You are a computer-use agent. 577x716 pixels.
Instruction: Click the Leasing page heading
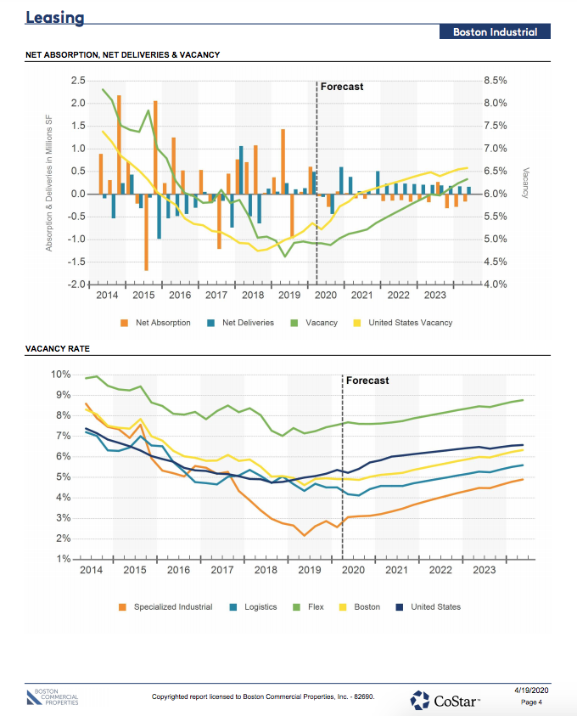click(55, 18)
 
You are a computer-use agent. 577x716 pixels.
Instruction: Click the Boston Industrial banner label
click(495, 32)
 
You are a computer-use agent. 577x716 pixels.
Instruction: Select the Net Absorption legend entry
click(162, 323)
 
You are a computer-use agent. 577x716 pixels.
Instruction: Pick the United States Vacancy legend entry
click(410, 323)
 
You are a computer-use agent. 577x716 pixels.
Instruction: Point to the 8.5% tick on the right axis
click(495, 81)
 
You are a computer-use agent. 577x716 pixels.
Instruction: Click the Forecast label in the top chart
click(341, 87)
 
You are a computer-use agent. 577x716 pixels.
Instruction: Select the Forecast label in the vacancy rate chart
click(367, 381)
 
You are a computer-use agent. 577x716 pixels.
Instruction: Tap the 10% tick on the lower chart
click(60, 375)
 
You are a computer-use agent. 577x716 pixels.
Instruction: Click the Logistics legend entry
click(260, 607)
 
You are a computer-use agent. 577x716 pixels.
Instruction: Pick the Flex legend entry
click(316, 607)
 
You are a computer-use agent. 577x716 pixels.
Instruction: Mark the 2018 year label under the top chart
click(253, 296)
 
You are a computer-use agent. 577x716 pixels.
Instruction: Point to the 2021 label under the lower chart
click(396, 571)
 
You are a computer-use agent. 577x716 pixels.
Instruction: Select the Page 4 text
click(532, 702)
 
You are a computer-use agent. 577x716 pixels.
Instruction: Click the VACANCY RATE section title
click(58, 348)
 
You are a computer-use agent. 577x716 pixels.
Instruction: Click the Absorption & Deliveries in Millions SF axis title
click(49, 182)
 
